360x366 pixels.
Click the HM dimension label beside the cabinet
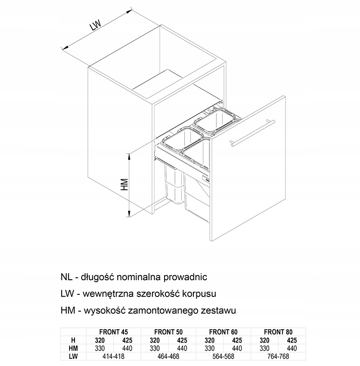click(124, 184)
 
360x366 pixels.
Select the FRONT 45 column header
click(113, 332)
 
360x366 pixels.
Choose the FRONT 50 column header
click(168, 332)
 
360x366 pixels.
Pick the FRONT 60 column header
click(223, 332)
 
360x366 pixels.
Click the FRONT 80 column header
click(278, 332)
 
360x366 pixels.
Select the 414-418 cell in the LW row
click(113, 356)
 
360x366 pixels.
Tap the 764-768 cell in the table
click(278, 356)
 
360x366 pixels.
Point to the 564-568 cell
click(223, 356)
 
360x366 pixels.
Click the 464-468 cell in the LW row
click(168, 356)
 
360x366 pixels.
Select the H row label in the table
click(73, 340)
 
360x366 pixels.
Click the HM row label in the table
click(73, 348)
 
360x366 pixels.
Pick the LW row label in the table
click(73, 356)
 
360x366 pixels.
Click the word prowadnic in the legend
click(185, 277)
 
